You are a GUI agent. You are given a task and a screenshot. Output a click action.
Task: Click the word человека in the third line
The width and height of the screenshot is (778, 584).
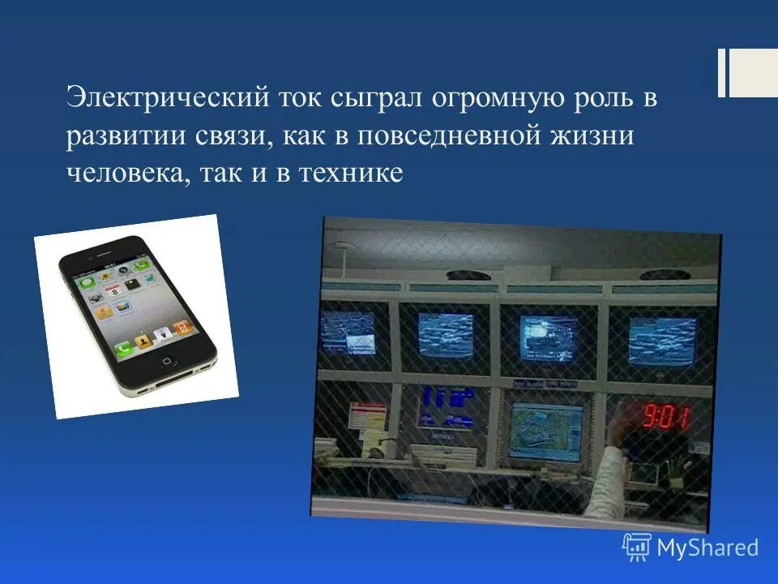click(126, 173)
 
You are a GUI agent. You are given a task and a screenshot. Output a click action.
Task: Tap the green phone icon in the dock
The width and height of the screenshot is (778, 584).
click(124, 348)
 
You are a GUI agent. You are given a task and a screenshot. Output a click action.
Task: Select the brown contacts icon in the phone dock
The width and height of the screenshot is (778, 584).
click(143, 341)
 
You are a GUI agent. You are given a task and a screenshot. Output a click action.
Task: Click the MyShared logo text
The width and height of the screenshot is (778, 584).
click(707, 547)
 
